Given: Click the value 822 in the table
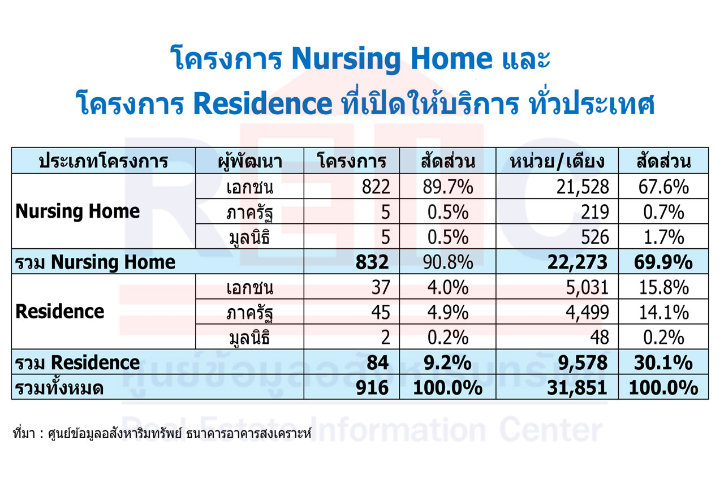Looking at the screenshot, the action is coord(376,187).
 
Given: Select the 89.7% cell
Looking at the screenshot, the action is coord(448,187).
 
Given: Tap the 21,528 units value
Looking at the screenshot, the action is coord(583,187).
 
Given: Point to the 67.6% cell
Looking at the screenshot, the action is coord(663,187).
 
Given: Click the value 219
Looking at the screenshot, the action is coord(595,212).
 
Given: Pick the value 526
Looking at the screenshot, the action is coord(595,237).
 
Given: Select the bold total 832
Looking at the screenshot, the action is coord(372,262).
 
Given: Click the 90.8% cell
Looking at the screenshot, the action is coord(448,262).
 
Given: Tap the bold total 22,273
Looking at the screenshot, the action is coord(578,262).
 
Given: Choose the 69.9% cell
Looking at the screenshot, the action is coord(663,262).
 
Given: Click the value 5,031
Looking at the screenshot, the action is coord(587,288).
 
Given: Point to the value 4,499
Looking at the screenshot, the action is coord(587,313).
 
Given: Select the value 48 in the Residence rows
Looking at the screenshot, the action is coord(600,338).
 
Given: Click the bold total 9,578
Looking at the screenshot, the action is coord(583,363).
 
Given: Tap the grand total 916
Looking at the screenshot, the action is coord(372,388).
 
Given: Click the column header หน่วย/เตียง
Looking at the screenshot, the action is coord(557,161).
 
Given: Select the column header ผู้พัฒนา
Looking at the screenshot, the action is coord(249,161).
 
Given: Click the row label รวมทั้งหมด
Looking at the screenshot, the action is coord(59,387).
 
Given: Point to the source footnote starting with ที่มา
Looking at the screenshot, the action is coord(162,434).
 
